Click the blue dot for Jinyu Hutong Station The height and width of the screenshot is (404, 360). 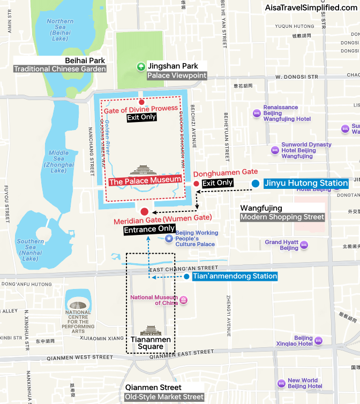tap(256, 184)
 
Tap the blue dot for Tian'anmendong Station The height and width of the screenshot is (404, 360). tap(186, 277)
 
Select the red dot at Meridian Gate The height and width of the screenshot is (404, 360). tap(144, 211)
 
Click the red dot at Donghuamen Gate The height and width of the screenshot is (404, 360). tap(196, 184)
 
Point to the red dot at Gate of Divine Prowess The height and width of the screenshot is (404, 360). tap(141, 102)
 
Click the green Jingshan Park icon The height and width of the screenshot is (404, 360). tap(140, 66)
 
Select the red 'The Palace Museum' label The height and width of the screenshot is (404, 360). tap(145, 181)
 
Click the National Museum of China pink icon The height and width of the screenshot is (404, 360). tap(184, 300)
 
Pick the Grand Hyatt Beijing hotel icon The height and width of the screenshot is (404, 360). tap(304, 245)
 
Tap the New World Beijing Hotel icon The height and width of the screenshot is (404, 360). tap(282, 383)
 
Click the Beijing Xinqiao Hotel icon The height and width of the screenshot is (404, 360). tap(318, 340)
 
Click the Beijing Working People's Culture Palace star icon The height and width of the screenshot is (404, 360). tap(169, 238)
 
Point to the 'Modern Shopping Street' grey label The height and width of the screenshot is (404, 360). tap(282, 217)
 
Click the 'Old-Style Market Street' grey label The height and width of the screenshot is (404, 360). tap(164, 397)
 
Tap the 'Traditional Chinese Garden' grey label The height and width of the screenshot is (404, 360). tap(59, 69)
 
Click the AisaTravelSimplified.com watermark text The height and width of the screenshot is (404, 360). tap(311, 7)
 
